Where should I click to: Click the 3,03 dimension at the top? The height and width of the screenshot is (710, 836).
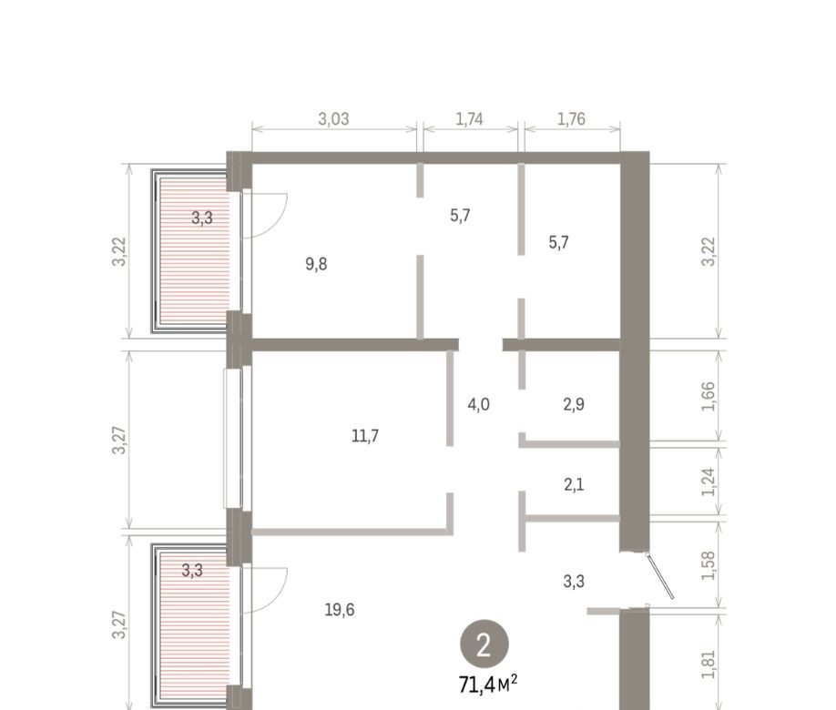(333, 119)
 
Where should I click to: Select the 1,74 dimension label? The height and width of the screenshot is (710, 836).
(469, 119)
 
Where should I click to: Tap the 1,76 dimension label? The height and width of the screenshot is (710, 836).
(571, 119)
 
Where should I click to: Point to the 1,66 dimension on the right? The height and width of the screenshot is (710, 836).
(708, 397)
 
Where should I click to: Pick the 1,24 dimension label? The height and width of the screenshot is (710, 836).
(708, 482)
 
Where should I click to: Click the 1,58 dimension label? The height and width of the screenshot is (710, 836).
(708, 565)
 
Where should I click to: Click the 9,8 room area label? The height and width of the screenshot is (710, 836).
(316, 264)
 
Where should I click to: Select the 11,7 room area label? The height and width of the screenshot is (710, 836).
(365, 436)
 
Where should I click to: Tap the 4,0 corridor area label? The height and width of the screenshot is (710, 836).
(478, 404)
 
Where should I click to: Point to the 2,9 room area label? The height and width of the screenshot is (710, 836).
(574, 404)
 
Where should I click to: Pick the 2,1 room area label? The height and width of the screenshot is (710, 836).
(574, 484)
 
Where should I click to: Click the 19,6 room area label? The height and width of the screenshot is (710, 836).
(340, 609)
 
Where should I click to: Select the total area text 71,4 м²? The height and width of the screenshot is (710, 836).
(488, 685)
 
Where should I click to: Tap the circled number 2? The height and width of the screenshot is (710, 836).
(484, 645)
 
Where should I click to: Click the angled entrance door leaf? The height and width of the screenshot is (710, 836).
(659, 576)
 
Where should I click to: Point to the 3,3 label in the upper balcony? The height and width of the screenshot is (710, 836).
(202, 218)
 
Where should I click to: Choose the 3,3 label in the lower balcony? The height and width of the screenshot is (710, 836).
(192, 571)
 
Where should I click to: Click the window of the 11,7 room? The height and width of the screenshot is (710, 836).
(233, 437)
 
